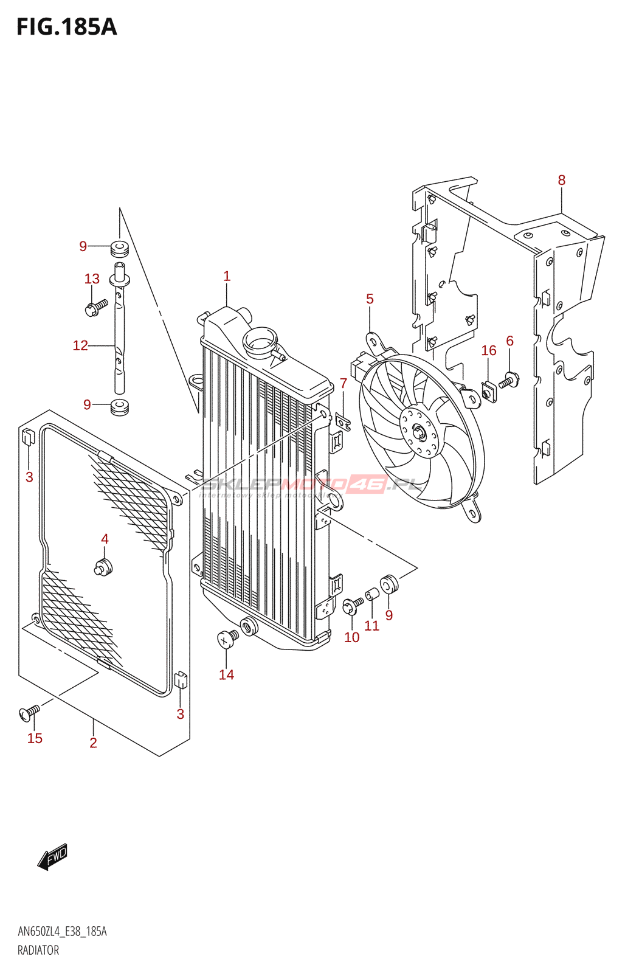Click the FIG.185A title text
66,27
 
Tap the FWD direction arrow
53,856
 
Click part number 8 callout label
561,180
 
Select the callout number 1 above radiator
227,276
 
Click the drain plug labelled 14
227,639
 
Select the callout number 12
80,345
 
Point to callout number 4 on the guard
105,539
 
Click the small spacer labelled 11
371,594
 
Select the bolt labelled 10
351,606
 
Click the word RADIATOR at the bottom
38,950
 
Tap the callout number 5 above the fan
370,299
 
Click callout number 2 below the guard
93,743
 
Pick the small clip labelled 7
343,421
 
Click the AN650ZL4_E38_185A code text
62,932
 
